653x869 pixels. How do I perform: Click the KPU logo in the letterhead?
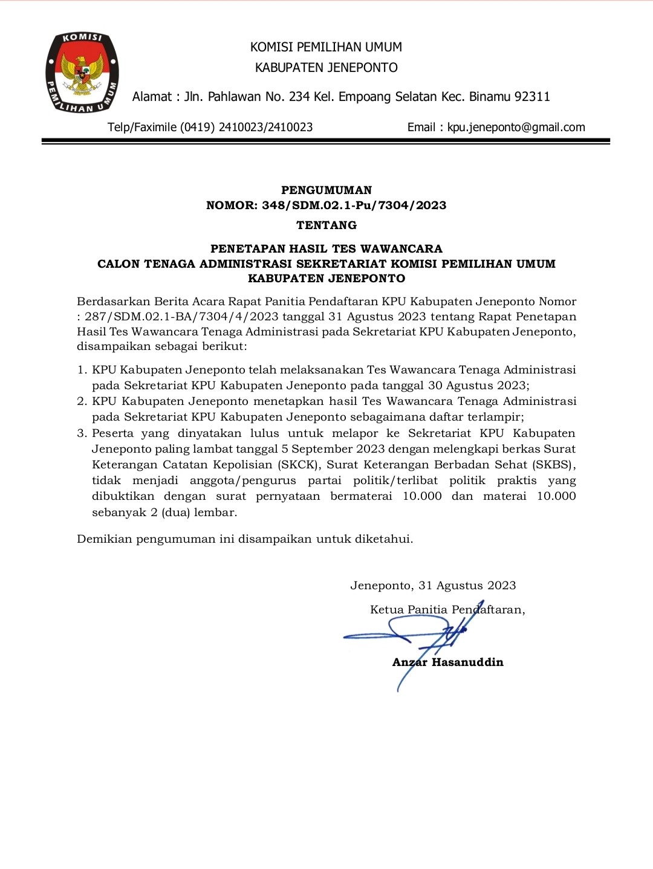click(x=82, y=73)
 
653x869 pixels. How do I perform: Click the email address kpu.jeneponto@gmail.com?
click(x=516, y=128)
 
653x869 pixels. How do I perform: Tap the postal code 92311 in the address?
click(x=531, y=97)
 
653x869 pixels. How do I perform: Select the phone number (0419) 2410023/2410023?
click(x=246, y=128)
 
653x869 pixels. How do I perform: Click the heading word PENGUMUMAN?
click(x=326, y=190)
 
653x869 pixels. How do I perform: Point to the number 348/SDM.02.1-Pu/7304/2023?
click(x=354, y=205)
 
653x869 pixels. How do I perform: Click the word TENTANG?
click(x=326, y=225)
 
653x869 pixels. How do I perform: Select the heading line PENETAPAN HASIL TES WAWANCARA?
click(x=326, y=249)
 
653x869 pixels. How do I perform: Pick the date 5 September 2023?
click(x=333, y=449)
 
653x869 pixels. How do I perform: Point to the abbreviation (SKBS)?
click(x=553, y=465)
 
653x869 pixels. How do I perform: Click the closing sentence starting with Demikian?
click(x=245, y=539)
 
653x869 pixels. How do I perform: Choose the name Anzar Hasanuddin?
click(x=448, y=662)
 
